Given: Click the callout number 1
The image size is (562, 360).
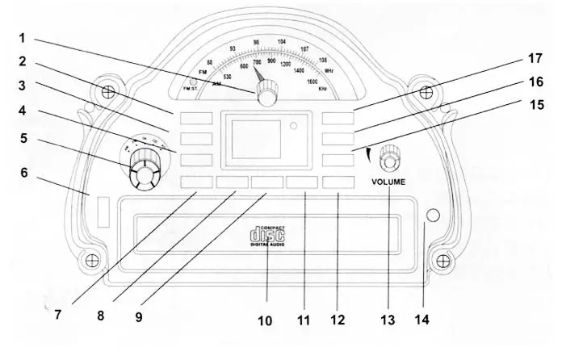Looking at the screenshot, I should (22, 37).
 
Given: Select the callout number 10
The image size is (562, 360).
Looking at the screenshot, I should (264, 320).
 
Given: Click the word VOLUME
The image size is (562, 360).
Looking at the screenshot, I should (389, 182).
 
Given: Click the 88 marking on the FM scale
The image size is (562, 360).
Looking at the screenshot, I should (210, 62).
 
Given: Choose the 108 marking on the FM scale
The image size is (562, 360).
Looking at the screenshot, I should (323, 60).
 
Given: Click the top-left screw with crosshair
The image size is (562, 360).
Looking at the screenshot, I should (108, 90).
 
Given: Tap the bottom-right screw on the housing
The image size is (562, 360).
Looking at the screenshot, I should (442, 262).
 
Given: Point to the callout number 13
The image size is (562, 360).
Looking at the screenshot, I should (389, 321).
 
